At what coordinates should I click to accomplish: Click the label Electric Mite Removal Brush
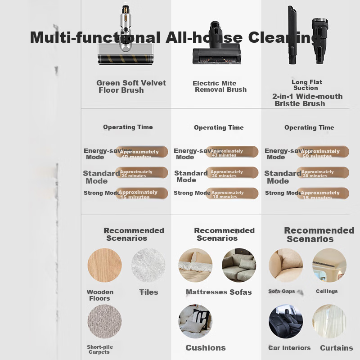pos(220,86)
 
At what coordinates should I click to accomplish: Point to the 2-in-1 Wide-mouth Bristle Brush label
pos(307,100)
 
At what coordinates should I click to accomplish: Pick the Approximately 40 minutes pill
pos(142,152)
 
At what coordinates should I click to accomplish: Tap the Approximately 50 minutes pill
pos(323,152)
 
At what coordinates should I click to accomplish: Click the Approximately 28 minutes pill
pos(323,173)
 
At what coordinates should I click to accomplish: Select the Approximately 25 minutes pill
pos(142,173)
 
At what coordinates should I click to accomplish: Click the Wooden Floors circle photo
pos(104,265)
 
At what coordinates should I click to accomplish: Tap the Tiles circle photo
pos(148,265)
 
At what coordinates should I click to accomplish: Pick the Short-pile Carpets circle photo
pos(104,321)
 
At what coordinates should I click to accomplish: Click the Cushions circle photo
pos(195,321)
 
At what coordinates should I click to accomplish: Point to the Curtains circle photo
pos(329,321)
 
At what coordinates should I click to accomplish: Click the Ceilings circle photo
pos(329,265)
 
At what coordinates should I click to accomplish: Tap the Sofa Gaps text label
pos(282,291)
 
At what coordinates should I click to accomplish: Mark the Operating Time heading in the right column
pos(309,127)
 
